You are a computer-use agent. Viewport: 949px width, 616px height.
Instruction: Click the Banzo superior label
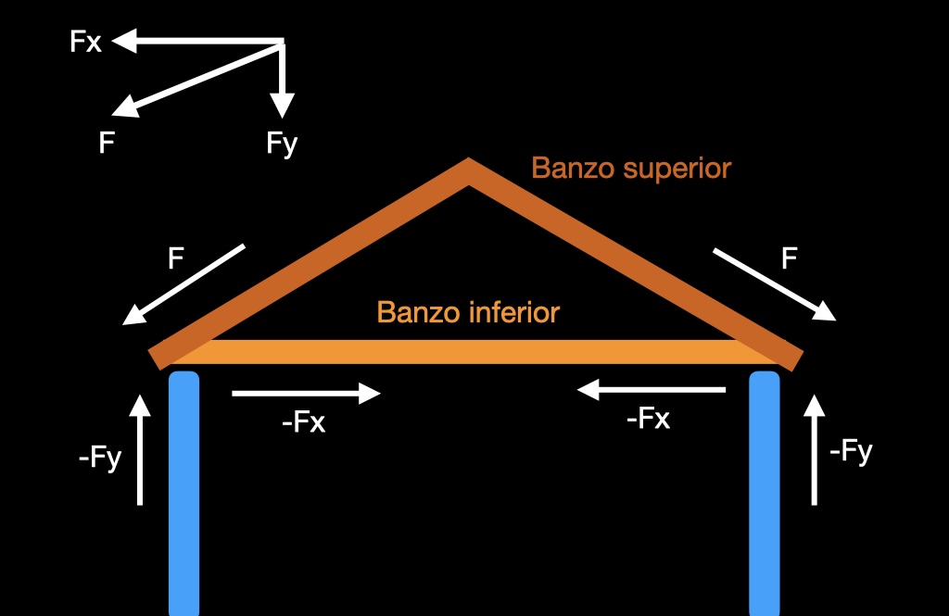[631, 169]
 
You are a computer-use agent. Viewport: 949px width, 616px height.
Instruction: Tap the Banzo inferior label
[468, 312]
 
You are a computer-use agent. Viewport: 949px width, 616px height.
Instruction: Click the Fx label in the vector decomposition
[86, 42]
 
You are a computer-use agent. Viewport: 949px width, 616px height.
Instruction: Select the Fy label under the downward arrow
[282, 144]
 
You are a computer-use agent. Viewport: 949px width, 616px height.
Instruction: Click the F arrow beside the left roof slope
[184, 284]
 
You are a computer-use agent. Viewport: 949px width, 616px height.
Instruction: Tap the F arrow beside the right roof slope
[774, 284]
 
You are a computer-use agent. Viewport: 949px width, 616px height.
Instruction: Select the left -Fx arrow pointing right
[306, 394]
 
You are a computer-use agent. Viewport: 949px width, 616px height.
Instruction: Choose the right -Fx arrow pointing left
[652, 391]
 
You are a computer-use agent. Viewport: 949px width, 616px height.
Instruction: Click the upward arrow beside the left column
[140, 449]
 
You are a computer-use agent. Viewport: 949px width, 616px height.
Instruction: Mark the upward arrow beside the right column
[815, 449]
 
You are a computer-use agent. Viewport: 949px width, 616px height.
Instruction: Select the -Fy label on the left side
[100, 458]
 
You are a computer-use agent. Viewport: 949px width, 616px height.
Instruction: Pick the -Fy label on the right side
[851, 452]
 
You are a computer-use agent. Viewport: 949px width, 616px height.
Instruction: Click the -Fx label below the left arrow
[303, 423]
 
